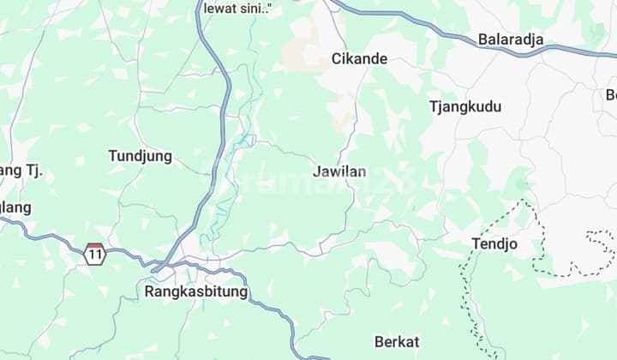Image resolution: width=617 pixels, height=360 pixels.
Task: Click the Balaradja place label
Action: coord(511,39)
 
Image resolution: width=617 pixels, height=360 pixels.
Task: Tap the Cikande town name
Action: coord(359,59)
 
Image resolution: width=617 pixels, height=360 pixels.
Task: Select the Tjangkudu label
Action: coord(465,107)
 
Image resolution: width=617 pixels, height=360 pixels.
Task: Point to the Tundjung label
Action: coord(140,156)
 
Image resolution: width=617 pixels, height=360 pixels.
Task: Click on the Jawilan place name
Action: coord(339,171)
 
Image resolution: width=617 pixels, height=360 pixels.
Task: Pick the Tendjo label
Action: coord(494,244)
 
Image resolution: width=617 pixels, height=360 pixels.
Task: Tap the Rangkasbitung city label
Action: coord(196,291)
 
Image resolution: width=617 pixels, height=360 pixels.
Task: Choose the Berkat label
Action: coord(397,342)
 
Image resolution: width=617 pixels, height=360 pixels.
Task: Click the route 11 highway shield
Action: coord(94,254)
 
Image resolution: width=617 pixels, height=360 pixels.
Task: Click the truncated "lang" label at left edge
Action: coord(15,207)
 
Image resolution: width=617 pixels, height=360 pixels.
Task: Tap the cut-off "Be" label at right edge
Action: coord(610,94)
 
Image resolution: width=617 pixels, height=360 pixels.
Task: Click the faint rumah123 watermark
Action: coord(308,180)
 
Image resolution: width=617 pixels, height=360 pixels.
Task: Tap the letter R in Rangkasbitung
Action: coord(150,291)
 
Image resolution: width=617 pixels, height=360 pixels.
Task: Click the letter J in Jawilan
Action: coord(317,171)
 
